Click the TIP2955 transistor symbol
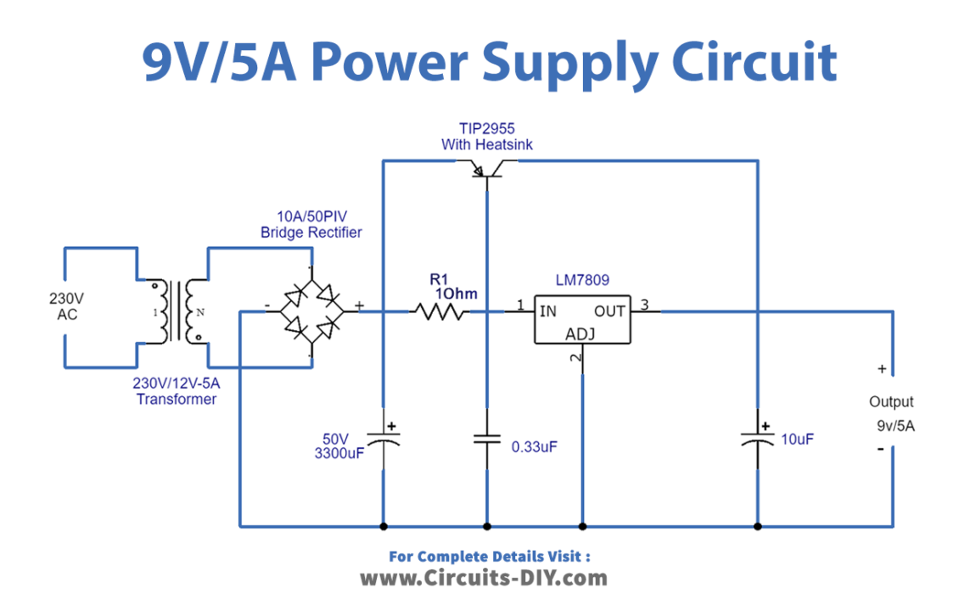point(486,171)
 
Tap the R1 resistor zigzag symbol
point(438,312)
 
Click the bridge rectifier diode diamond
point(311,312)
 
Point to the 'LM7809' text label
point(582,279)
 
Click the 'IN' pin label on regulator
point(548,311)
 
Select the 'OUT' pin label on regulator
point(609,311)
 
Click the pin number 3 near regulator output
point(644,305)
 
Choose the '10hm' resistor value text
point(456,294)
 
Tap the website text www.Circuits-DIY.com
point(484,579)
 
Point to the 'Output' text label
point(891,402)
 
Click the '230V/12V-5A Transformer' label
point(177,391)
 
